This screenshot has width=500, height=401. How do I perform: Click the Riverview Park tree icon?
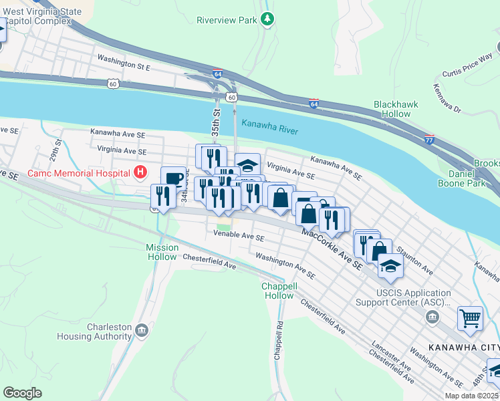267,19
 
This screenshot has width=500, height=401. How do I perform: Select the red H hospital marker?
140,173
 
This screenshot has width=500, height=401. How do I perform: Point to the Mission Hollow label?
162,252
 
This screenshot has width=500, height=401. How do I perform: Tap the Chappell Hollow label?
278,291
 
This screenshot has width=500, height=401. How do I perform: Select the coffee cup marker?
173,178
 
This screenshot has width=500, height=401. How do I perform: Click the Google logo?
23,392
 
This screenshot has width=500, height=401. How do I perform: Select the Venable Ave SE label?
239,236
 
